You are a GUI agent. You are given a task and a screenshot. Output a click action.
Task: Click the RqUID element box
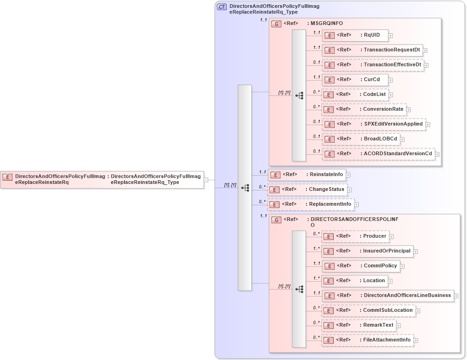(x=355, y=35)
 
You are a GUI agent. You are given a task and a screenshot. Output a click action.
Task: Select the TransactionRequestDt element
(x=373, y=50)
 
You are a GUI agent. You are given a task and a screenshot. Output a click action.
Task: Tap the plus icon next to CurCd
(x=391, y=80)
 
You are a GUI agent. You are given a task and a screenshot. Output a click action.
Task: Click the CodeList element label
(x=374, y=95)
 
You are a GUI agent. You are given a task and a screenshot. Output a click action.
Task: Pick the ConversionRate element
(x=364, y=109)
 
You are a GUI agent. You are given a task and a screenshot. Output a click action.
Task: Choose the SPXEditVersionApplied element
(x=374, y=124)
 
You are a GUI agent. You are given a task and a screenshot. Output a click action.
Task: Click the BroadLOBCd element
(x=361, y=139)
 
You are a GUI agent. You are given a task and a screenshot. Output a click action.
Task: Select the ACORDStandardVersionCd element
(x=379, y=154)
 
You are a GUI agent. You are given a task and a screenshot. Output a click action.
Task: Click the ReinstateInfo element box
(x=307, y=175)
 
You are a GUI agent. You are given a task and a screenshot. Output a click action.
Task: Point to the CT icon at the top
(x=222, y=6)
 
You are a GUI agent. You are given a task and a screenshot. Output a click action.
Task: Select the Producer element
(x=355, y=236)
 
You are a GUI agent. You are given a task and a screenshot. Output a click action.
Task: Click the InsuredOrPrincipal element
(x=367, y=251)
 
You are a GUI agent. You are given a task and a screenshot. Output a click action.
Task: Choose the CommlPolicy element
(x=361, y=266)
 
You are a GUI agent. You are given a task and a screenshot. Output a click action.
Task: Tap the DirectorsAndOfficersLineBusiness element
(x=388, y=296)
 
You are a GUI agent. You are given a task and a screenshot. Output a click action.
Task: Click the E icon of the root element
(x=8, y=177)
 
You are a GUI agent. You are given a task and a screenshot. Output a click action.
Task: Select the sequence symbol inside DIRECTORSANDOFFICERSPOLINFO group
(x=299, y=289)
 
